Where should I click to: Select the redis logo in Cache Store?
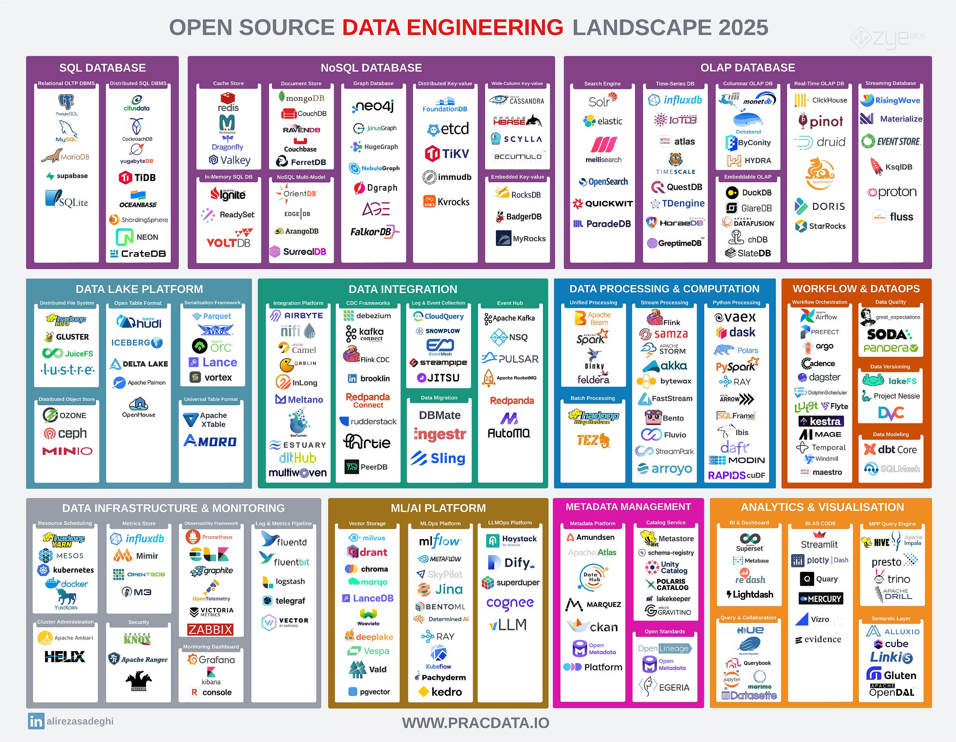228,102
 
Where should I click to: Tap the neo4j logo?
373,106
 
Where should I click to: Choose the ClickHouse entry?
821,100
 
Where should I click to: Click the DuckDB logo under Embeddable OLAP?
748,193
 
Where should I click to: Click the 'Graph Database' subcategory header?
373,84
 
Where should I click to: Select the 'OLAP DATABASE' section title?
748,68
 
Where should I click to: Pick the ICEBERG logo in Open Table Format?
137,342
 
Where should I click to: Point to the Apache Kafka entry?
509,319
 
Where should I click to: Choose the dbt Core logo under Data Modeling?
890,449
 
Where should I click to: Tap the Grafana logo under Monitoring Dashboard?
211,659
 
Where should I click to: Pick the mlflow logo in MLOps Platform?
439,542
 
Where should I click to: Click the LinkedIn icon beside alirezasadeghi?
36,721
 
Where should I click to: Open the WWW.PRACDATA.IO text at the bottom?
476,723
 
